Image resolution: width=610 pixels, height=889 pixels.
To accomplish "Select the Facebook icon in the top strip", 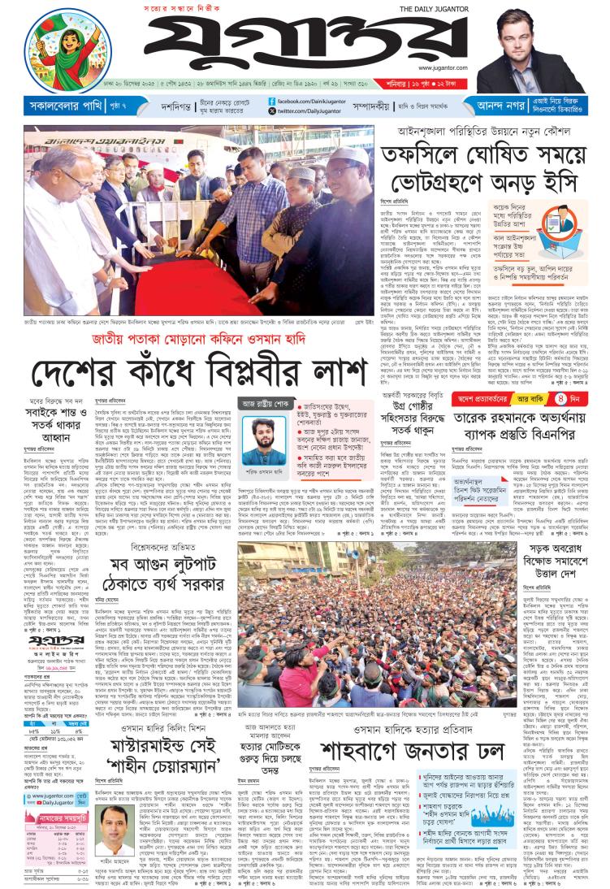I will point(272,101).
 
